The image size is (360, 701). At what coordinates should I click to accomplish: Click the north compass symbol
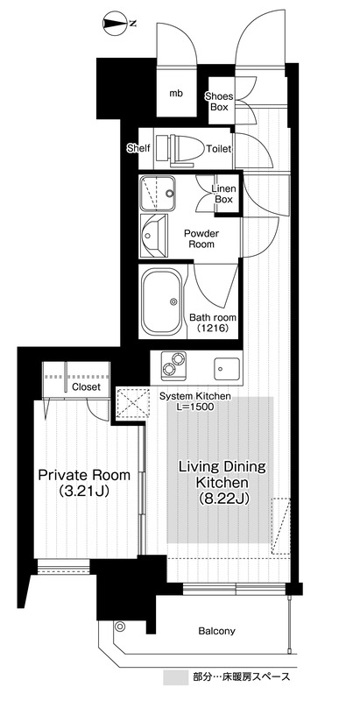[x=114, y=23]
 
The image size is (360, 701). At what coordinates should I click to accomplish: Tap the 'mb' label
[x=176, y=94]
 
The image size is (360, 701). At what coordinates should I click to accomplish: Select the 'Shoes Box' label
[x=219, y=102]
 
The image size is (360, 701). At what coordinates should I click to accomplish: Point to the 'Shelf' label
[x=139, y=148]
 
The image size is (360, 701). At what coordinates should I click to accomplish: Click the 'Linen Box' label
[x=223, y=194]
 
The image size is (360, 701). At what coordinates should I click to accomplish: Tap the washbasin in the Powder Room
[x=153, y=236]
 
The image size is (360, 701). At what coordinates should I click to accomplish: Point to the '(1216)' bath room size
[x=213, y=329]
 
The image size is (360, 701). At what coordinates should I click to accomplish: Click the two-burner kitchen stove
[x=173, y=363]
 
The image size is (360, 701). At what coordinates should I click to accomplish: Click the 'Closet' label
[x=86, y=387]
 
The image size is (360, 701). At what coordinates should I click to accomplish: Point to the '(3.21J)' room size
[x=84, y=492]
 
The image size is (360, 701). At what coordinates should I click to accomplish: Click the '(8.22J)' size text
[x=222, y=498]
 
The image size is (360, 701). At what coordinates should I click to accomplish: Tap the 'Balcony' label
[x=216, y=631]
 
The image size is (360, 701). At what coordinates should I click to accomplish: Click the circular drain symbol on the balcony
[x=120, y=627]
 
